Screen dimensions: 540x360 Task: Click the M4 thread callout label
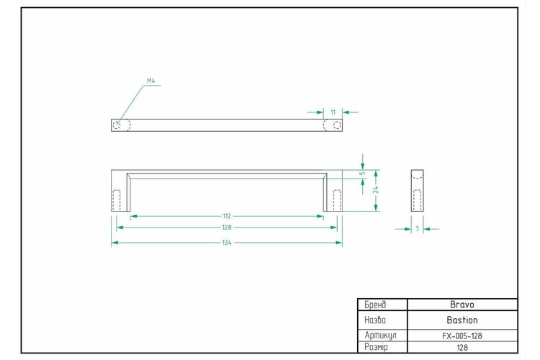151,81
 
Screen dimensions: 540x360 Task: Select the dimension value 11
333,112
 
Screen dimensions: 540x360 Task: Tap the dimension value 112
227,216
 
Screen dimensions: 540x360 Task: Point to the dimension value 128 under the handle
227,228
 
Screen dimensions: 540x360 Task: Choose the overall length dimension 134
227,243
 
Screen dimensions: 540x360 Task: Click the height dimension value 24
376,190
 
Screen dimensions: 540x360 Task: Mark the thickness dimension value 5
362,174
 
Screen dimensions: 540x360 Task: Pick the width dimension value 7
417,229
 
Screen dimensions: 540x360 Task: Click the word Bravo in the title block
462,305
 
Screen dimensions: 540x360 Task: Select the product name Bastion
462,320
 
